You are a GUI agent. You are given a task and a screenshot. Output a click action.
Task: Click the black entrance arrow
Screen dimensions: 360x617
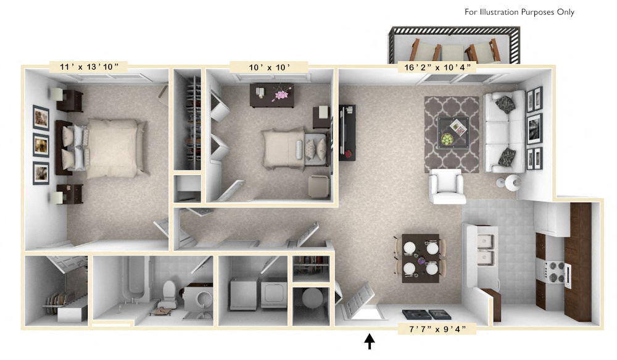coord(370,341)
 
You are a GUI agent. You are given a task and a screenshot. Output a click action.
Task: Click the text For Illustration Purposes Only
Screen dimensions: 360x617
coord(519,12)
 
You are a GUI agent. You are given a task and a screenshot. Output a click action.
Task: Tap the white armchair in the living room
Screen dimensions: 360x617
coord(447,186)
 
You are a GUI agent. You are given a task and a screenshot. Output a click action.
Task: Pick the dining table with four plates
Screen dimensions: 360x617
coord(420,258)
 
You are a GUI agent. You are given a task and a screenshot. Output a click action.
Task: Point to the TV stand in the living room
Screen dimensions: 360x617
coord(347,132)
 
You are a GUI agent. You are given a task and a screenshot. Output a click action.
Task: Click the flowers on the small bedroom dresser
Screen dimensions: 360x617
coord(282,94)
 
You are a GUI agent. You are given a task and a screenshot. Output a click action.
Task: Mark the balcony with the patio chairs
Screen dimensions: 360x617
coord(453,46)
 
